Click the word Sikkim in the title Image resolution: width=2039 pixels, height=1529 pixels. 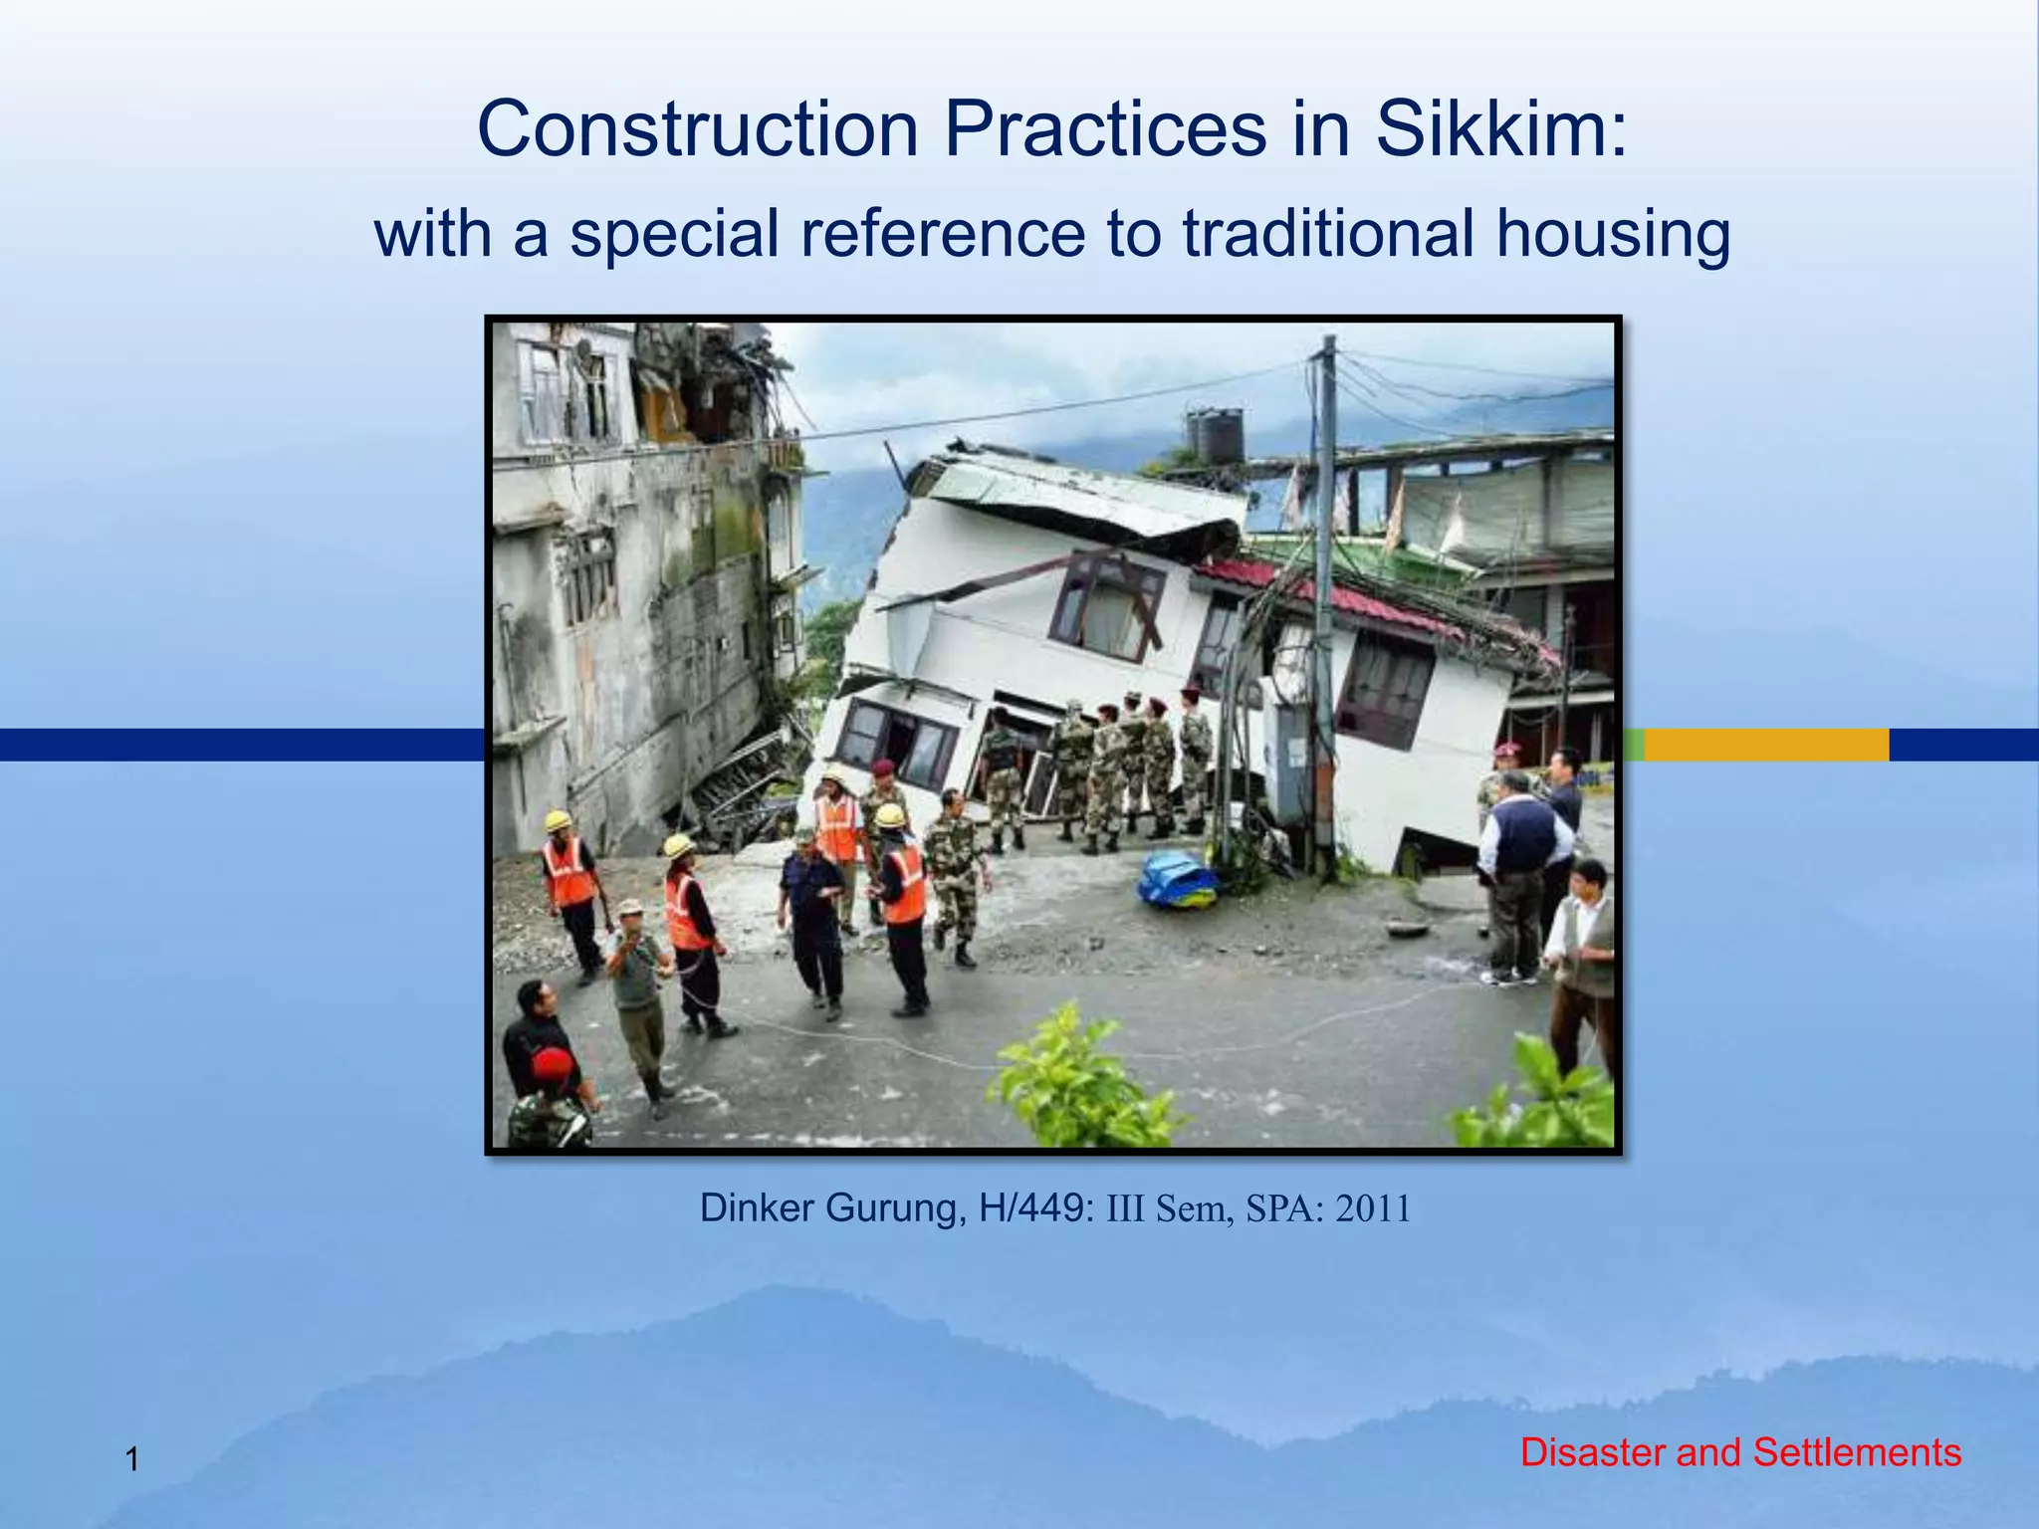click(1500, 129)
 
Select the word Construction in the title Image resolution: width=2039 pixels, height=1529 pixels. click(697, 129)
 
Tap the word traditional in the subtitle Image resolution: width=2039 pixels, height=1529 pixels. click(1329, 235)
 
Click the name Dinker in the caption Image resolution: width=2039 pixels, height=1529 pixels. click(758, 1207)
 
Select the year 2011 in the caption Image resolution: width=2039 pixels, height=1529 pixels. click(1373, 1208)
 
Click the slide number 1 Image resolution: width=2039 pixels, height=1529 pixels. click(131, 1461)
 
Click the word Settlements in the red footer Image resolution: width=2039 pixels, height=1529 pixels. click(1856, 1452)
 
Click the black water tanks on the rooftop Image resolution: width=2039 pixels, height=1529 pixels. click(1215, 435)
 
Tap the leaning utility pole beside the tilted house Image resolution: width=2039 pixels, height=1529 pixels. click(1325, 597)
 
